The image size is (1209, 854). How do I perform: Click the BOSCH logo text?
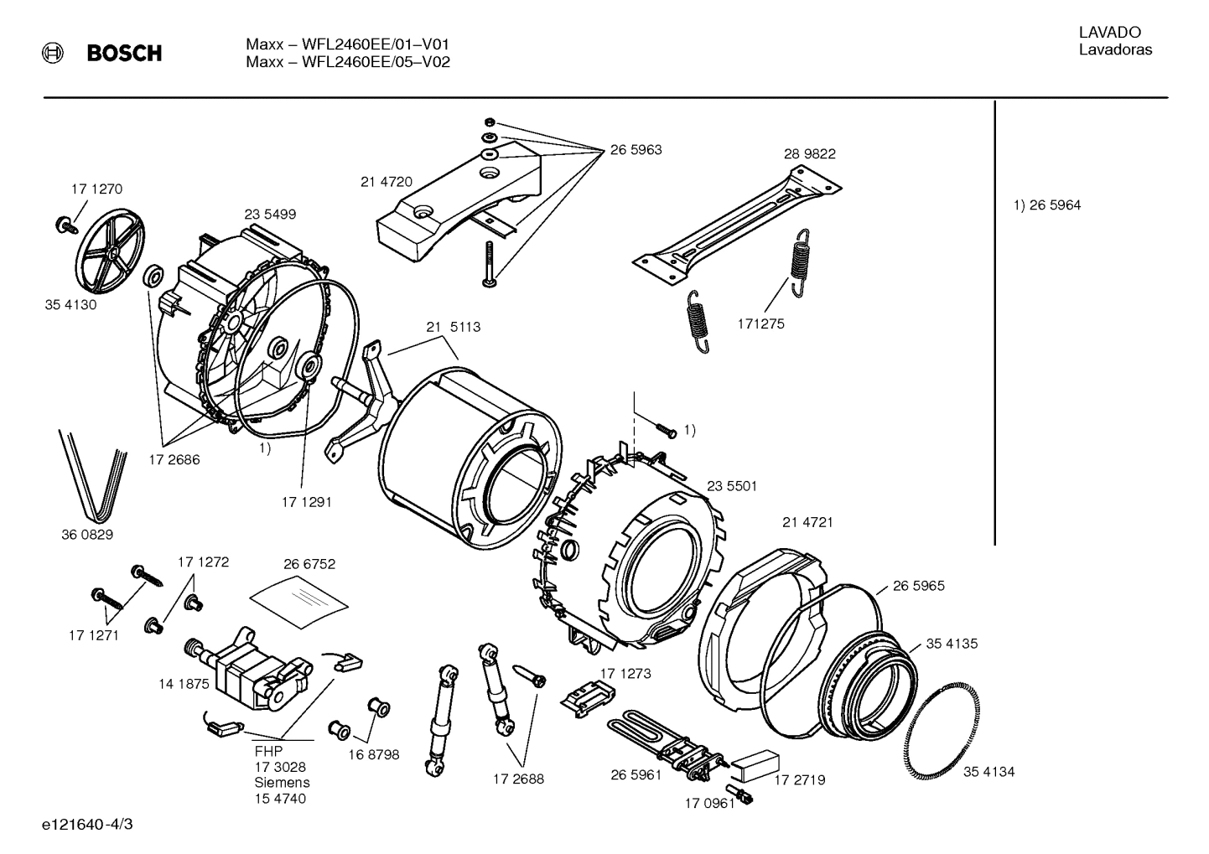[x=124, y=54]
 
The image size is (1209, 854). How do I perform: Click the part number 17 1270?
[x=96, y=189]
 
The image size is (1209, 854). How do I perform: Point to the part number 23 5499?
[x=269, y=215]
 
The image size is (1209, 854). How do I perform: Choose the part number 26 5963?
[x=636, y=150]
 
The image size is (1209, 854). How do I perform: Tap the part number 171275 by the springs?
[x=760, y=323]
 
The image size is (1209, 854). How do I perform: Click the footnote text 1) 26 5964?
[x=1047, y=205]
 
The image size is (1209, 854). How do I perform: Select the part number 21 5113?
[x=453, y=327]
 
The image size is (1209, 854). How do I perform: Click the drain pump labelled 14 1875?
[x=247, y=665]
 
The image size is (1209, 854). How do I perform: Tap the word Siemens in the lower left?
[x=282, y=783]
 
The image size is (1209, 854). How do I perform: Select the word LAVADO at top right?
[x=1109, y=33]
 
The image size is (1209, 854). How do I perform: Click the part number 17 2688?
[x=517, y=779]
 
